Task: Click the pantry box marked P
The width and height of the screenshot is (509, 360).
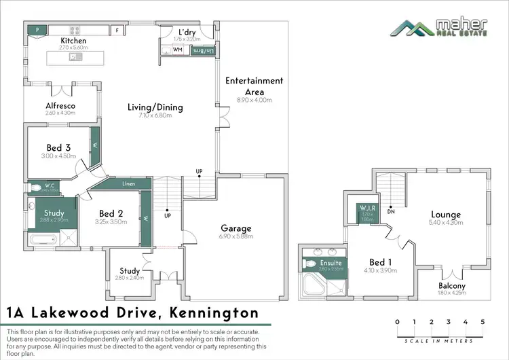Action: (x=36, y=30)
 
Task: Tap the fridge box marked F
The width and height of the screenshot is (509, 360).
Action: (x=117, y=30)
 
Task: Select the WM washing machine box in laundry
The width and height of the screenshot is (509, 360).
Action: (x=177, y=50)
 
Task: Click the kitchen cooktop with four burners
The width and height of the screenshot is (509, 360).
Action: (x=73, y=30)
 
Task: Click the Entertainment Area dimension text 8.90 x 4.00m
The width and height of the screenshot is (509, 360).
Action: (x=254, y=100)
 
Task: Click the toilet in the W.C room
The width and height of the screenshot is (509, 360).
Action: (x=35, y=188)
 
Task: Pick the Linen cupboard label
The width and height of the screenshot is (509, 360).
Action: (x=128, y=184)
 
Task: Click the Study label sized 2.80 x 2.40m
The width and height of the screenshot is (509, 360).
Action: (x=129, y=271)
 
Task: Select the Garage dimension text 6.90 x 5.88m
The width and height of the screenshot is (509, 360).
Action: (x=236, y=236)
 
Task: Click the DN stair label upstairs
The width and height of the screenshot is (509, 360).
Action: (x=392, y=211)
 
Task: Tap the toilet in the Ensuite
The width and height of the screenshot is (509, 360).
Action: (x=311, y=264)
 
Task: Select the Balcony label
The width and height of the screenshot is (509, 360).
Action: (x=451, y=286)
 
